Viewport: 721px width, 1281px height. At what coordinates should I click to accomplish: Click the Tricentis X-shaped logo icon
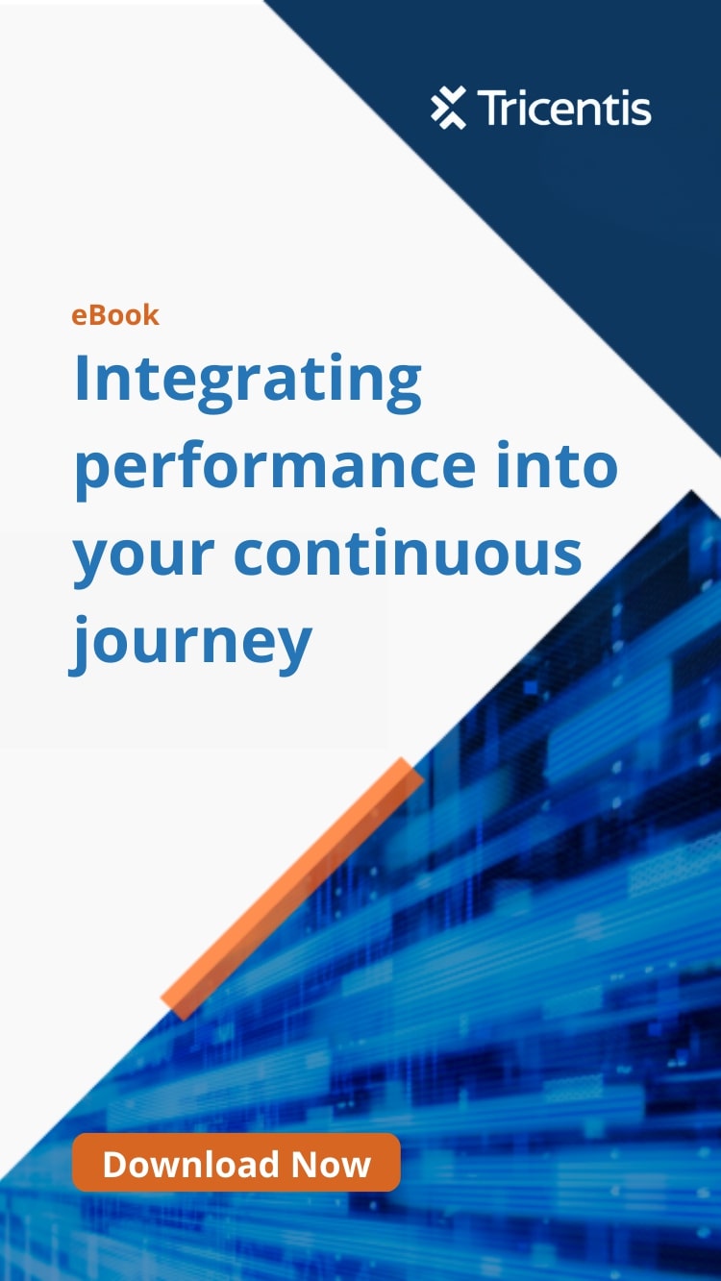449,108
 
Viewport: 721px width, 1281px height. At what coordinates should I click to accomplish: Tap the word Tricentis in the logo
564,108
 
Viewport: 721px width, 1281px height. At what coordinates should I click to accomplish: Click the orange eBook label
115,315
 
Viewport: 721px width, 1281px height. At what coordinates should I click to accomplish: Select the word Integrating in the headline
248,382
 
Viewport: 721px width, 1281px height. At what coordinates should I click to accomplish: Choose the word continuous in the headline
408,552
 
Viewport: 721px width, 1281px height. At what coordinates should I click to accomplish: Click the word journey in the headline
191,644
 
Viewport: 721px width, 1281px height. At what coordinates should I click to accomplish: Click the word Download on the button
190,1164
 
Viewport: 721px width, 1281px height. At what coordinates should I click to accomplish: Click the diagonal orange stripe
292,889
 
